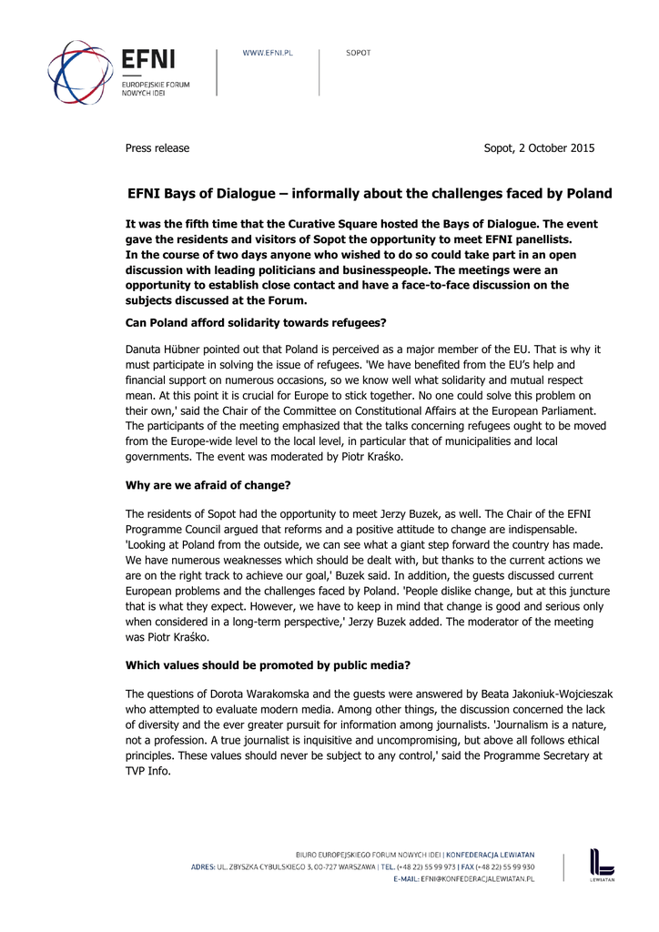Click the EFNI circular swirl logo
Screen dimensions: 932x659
tap(80, 72)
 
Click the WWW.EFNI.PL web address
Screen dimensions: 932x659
tap(267, 53)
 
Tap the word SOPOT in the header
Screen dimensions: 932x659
tap(358, 53)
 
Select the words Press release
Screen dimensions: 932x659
tap(157, 148)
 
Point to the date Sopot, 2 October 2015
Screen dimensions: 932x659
tap(539, 148)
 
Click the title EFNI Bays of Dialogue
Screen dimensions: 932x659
tap(206, 194)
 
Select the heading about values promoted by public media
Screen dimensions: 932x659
tap(267, 664)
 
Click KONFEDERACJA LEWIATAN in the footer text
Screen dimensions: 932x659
tap(492, 855)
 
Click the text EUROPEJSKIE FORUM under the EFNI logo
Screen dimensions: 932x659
tap(156, 85)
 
